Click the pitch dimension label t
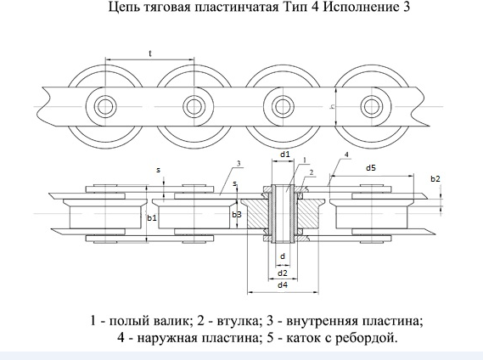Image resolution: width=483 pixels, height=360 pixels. pos(150,53)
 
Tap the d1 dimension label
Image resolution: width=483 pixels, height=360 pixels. pos(285,155)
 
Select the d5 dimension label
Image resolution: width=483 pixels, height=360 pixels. pos(371,168)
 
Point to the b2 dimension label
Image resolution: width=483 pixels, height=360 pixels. pos(435,179)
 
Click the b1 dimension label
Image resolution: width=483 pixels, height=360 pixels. pos(152,218)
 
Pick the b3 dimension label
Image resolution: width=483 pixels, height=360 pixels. pos(237,215)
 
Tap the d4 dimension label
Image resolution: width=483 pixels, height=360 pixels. pos(283,284)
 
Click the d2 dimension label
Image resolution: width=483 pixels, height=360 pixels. pos(283,273)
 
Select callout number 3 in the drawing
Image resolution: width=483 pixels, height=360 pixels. pos(239,163)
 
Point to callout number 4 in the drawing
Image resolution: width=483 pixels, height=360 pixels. pos(346,155)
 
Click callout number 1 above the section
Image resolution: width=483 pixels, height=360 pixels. pos(305,160)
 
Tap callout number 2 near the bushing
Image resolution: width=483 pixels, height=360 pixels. pos(312,172)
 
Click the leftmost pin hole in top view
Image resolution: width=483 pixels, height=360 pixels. pos(105,107)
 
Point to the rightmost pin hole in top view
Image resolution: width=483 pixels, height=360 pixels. pos(372,106)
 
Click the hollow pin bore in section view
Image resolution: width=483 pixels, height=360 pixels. pos(283,213)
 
